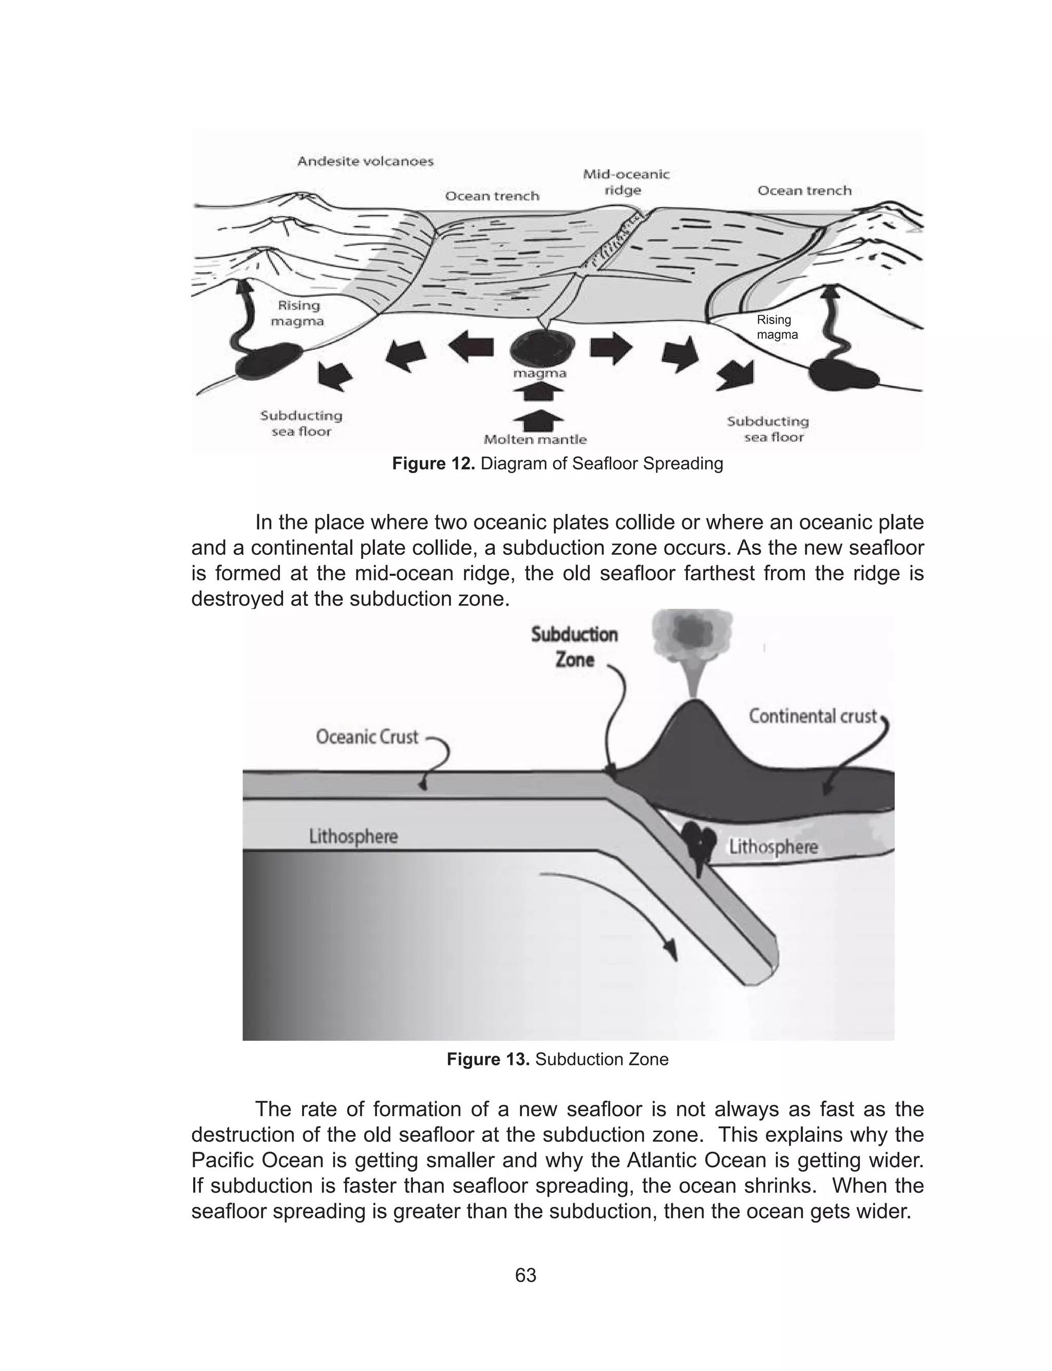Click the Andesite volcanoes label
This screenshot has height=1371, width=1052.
click(x=365, y=161)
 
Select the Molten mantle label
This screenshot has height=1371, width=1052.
click(x=535, y=440)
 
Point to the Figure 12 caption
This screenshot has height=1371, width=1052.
click(x=557, y=464)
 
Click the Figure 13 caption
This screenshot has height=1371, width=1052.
click(x=557, y=1059)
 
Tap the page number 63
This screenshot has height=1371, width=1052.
click(x=525, y=1275)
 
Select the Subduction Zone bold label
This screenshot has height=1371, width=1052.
click(x=574, y=647)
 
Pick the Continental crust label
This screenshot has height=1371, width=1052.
click(x=812, y=716)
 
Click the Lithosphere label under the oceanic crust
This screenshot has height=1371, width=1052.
click(x=353, y=836)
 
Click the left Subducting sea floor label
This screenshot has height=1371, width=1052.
click(x=301, y=423)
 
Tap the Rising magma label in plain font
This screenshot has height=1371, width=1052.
click(x=777, y=327)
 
